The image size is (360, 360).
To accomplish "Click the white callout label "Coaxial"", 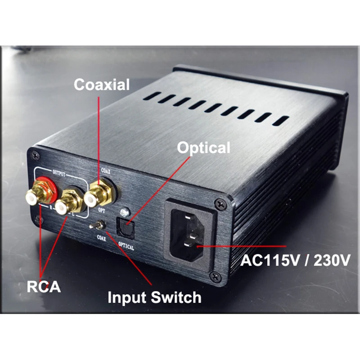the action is tap(102, 84).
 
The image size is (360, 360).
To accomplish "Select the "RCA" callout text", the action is tap(43, 287).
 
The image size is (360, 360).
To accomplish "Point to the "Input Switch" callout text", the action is tap(154, 297).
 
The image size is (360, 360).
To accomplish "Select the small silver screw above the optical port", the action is tap(124, 211).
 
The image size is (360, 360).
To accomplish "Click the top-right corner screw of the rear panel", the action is tap(219, 203).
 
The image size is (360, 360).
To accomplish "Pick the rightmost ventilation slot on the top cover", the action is tap(279, 121).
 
